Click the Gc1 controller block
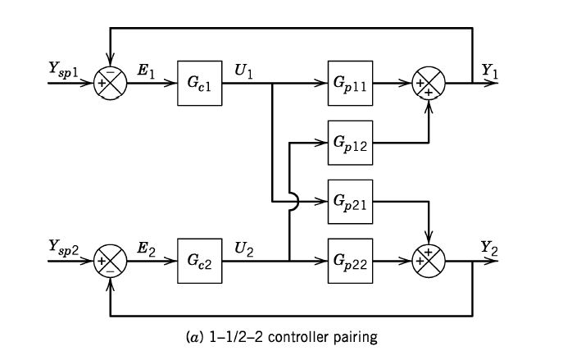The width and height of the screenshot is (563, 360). point(200,84)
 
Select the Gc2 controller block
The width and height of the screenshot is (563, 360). point(200,262)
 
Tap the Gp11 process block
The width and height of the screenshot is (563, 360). point(349,84)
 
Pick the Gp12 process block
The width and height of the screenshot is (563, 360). point(349,142)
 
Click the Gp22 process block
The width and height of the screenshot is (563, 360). point(349,262)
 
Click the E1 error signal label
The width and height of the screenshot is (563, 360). point(147,71)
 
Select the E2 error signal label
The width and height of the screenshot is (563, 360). point(147,248)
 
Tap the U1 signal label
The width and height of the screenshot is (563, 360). point(243,71)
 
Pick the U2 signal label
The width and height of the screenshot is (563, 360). point(243,248)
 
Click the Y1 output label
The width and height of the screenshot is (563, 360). point(489,71)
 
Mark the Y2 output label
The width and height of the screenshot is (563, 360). point(489,247)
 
